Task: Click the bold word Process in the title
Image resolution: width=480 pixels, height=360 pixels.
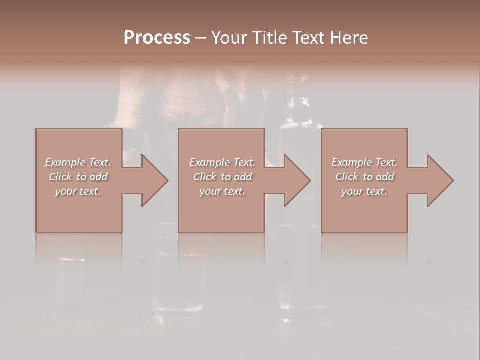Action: pyautogui.click(x=157, y=38)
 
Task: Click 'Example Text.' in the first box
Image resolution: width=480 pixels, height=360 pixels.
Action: pyautogui.click(x=78, y=162)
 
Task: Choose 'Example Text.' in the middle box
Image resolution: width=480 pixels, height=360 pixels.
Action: pyautogui.click(x=222, y=162)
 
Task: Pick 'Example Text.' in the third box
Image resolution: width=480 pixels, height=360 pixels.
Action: pyautogui.click(x=364, y=162)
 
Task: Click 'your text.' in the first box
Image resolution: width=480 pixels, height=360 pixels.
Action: pyautogui.click(x=78, y=191)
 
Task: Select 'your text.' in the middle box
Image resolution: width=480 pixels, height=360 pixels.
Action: pyautogui.click(x=222, y=191)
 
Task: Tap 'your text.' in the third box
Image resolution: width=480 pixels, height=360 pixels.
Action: pyautogui.click(x=364, y=191)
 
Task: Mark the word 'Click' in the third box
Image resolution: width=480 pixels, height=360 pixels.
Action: pyautogui.click(x=347, y=177)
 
